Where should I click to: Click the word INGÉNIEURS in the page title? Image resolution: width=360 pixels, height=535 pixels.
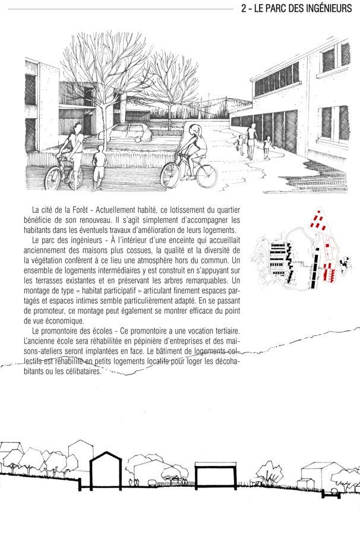(326, 9)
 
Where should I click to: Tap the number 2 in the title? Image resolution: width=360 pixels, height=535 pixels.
(245, 9)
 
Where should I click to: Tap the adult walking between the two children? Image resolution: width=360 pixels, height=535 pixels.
(252, 140)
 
